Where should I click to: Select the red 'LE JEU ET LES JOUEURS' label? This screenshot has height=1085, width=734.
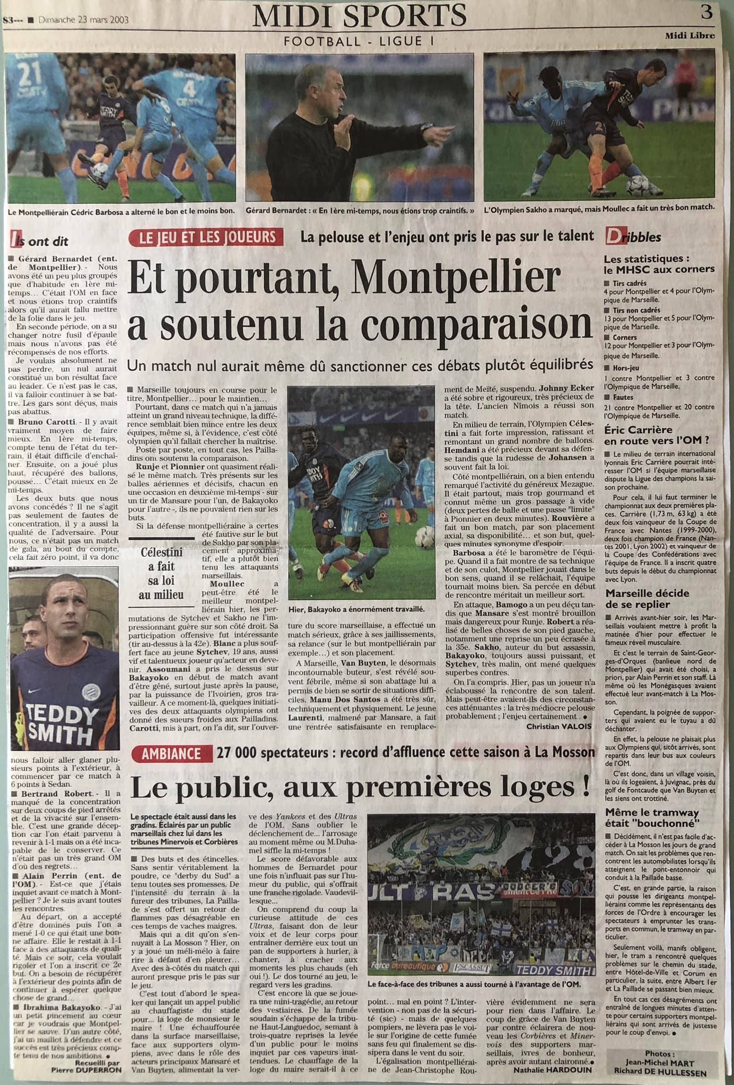[208, 236]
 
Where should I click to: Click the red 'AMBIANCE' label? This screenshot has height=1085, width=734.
[171, 753]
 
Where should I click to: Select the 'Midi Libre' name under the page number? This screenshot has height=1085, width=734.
[690, 36]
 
